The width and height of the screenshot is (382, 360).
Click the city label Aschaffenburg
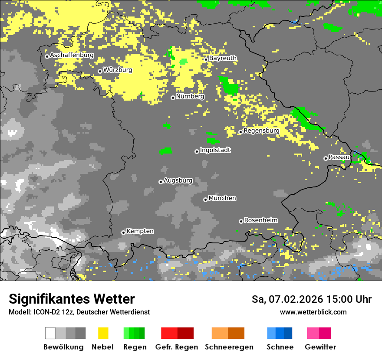click(72, 55)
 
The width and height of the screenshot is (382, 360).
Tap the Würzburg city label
click(118, 70)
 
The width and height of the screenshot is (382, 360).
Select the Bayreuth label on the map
click(223, 58)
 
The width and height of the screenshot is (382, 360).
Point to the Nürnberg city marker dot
click(173, 98)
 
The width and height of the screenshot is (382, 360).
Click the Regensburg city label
click(261, 131)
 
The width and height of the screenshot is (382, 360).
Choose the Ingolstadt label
click(215, 150)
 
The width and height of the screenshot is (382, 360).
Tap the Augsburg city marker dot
click(161, 182)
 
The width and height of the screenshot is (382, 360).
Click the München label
click(222, 198)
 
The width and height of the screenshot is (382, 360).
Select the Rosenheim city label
click(260, 220)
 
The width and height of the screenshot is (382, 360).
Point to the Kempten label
click(140, 231)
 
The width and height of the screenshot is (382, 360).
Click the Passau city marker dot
click(326, 158)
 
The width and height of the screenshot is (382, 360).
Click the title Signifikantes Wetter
click(72, 299)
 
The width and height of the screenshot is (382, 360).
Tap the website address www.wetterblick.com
click(313, 312)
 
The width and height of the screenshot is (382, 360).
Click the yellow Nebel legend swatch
click(103, 333)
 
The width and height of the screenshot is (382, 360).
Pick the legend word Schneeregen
click(229, 347)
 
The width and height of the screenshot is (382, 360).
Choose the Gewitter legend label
click(320, 347)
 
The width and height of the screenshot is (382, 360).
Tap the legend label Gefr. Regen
click(177, 347)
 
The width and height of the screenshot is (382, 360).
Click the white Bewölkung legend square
click(50, 333)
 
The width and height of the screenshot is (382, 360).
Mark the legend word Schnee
click(280, 347)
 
